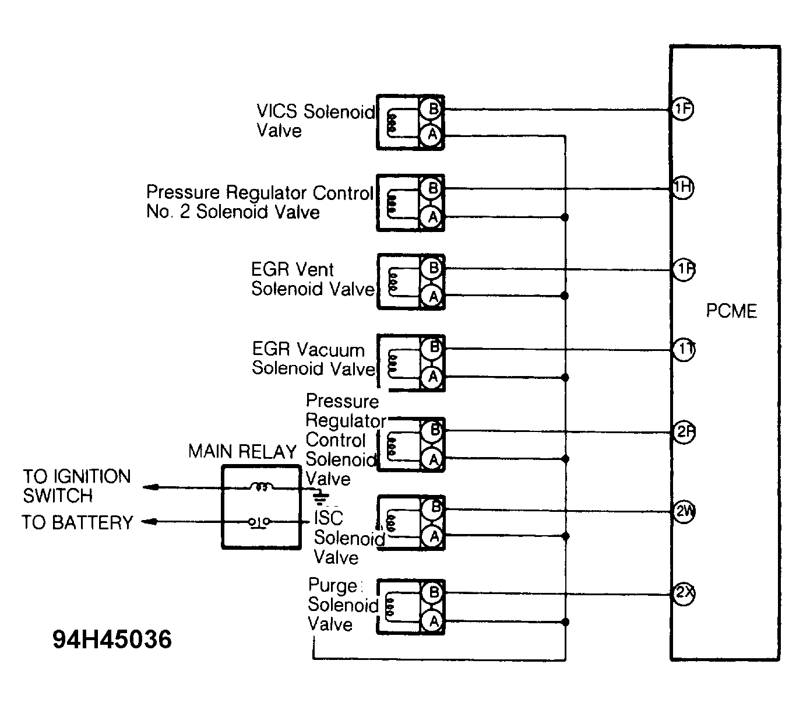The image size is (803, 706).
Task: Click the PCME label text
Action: click(x=731, y=311)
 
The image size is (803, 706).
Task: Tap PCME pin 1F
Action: click(x=682, y=110)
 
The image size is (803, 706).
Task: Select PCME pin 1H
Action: click(x=682, y=188)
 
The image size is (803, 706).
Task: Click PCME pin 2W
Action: click(x=684, y=512)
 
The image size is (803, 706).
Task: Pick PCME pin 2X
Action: click(x=684, y=594)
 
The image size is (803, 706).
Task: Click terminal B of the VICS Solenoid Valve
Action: click(x=433, y=108)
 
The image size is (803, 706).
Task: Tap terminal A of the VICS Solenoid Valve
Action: click(x=432, y=135)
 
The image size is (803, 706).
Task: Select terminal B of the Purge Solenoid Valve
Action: click(x=433, y=593)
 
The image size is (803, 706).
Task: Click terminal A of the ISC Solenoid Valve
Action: click(x=433, y=536)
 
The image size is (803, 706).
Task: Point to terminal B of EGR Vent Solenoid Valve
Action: click(x=433, y=269)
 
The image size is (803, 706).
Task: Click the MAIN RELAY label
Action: click(x=242, y=452)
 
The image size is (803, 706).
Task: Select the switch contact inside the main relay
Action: click(x=260, y=521)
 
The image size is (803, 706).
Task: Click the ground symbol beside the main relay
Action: click(x=319, y=497)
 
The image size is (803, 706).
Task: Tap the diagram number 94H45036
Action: click(x=112, y=640)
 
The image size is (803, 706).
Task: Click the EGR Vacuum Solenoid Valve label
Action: click(x=314, y=359)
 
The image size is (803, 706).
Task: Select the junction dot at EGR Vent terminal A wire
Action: click(x=564, y=296)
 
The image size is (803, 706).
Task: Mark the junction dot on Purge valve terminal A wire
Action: click(x=564, y=622)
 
